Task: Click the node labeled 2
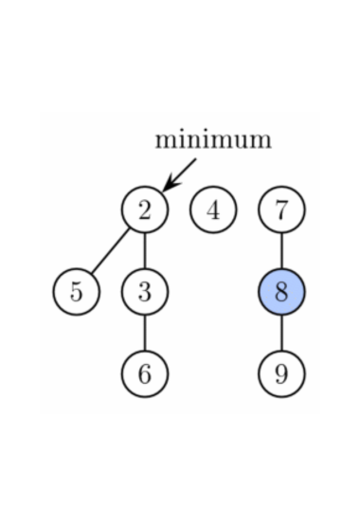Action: tap(144, 209)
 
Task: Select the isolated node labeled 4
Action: tap(213, 209)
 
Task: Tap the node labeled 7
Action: tap(281, 209)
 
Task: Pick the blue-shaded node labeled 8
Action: tap(281, 292)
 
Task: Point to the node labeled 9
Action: tap(281, 373)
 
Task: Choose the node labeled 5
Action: tap(77, 292)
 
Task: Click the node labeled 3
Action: tap(144, 292)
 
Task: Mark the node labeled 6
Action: tap(144, 373)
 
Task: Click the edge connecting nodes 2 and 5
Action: tap(110, 251)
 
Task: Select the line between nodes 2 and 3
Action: tap(144, 251)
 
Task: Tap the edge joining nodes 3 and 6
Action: tap(144, 333)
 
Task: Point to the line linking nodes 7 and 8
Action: tap(281, 251)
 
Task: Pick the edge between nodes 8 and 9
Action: tap(281, 333)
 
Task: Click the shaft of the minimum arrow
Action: tap(184, 171)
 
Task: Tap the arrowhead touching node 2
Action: tap(168, 186)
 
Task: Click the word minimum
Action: tap(213, 139)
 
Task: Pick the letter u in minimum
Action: tap(236, 141)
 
